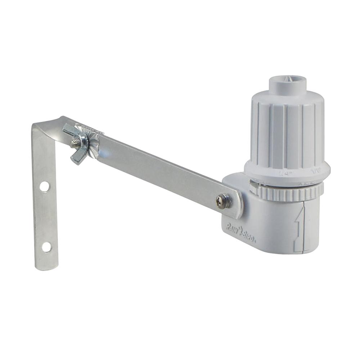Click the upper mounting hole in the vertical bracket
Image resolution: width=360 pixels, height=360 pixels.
click(45, 186)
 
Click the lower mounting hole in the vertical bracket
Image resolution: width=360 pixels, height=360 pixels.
click(46, 247)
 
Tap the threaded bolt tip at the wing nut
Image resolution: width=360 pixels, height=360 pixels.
click(75, 143)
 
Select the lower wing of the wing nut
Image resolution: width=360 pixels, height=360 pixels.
click(77, 157)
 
